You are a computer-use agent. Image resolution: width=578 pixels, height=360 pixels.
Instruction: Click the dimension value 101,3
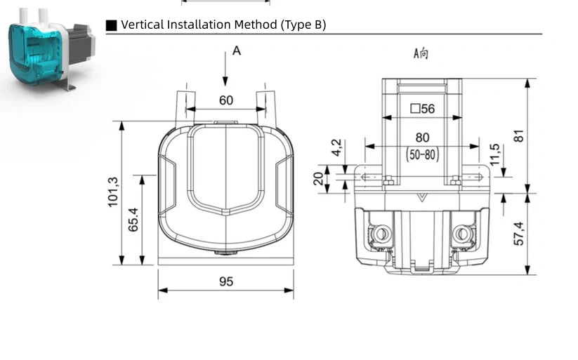point(114,192)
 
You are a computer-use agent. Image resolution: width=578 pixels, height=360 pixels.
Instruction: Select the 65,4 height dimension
point(133,219)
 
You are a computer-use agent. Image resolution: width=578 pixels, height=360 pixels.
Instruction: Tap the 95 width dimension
point(225,281)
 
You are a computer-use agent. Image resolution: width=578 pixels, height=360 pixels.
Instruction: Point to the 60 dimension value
point(225,100)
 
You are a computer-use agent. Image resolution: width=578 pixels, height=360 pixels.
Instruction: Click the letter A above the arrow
point(237,51)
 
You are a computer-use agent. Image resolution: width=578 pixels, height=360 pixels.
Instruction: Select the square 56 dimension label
point(422,109)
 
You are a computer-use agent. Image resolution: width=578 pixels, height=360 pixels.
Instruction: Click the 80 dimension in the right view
point(422,138)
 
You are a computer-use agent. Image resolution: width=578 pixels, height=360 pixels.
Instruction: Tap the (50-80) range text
point(422,155)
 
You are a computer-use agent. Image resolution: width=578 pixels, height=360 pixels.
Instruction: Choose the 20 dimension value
point(320,178)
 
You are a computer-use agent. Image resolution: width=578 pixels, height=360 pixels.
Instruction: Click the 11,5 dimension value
point(494,153)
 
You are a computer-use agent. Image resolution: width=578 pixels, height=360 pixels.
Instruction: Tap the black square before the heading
point(112,25)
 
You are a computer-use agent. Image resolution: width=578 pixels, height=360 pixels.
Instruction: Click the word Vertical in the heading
point(143,25)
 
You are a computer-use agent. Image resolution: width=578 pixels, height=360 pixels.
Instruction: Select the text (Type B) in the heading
point(303,25)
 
